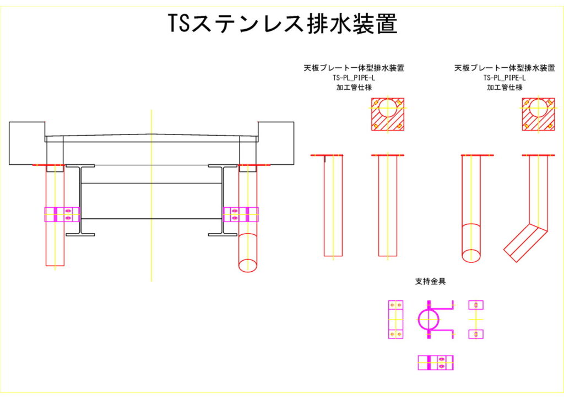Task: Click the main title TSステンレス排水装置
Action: [x=282, y=24]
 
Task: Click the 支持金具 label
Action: [x=430, y=282]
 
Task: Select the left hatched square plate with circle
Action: [x=387, y=114]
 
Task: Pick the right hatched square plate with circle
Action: [x=538, y=114]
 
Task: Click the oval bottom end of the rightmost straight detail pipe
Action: [x=470, y=256]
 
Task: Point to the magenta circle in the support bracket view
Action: [x=430, y=319]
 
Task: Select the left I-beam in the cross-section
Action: [x=80, y=200]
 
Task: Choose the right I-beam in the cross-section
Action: [x=223, y=200]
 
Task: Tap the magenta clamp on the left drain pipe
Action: [x=62, y=214]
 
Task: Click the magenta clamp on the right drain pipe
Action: [x=241, y=214]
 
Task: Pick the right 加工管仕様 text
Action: [x=504, y=87]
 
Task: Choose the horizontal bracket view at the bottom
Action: [x=435, y=362]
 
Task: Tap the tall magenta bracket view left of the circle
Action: [x=395, y=320]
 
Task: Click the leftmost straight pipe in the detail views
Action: [x=333, y=207]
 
